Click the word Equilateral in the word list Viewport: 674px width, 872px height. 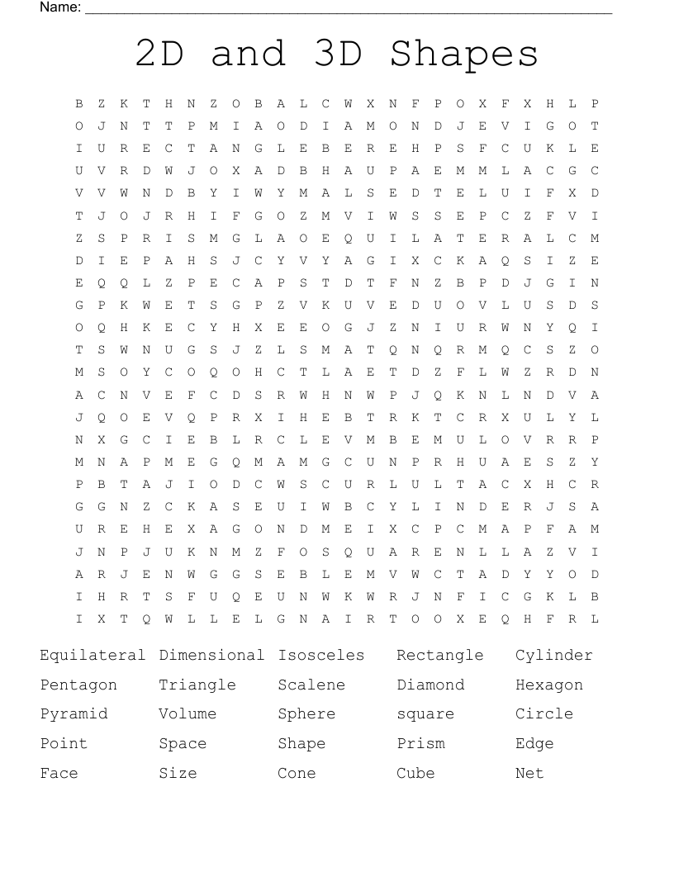pos(93,656)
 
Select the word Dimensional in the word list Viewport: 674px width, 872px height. pos(211,656)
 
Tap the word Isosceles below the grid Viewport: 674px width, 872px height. pos(320,656)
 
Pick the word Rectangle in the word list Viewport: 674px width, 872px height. pos(439,656)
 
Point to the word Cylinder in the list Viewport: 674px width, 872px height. pos(553,656)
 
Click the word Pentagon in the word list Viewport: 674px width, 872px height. pos(78,685)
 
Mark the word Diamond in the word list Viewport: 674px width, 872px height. pos(430,685)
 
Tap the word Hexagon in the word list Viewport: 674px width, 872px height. pos(549,685)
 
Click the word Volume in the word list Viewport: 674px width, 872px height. pos(187,714)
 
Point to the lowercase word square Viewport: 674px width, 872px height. pos(425,714)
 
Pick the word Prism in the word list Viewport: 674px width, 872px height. pos(420,744)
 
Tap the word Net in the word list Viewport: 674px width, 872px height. pos(529,774)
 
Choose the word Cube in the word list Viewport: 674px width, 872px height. pos(415,774)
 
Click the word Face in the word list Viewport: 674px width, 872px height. pos(59,774)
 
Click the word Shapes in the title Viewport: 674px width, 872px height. pos(464,54)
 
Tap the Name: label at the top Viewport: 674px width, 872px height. pos(60,7)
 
